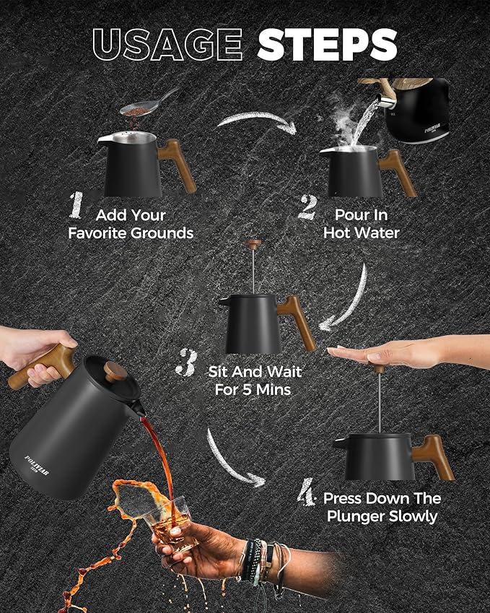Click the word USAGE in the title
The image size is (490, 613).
click(167, 44)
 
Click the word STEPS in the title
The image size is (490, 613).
click(327, 45)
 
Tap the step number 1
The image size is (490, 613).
click(76, 205)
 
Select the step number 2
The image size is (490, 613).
click(307, 208)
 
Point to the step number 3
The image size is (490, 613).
click(186, 362)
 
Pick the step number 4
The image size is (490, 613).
click(306, 492)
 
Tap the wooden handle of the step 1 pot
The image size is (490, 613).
click(178, 166)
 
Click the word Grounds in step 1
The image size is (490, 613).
click(162, 233)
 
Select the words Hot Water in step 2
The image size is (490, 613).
click(362, 233)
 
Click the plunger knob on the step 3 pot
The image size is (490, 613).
click(253, 244)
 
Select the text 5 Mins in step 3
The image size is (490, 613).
click(267, 390)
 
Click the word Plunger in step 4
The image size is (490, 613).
click(354, 516)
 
